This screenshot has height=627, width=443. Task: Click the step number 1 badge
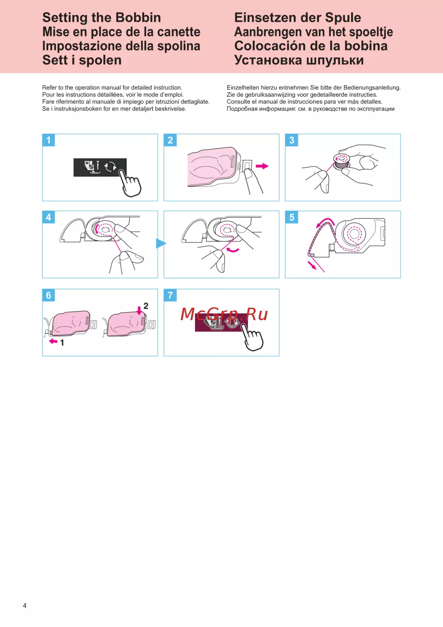[x=48, y=140]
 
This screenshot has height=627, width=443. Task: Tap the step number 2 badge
[x=170, y=140]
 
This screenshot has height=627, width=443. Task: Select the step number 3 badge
[x=291, y=140]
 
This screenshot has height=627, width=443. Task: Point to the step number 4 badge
[x=48, y=217]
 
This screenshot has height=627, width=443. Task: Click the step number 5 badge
[x=291, y=217]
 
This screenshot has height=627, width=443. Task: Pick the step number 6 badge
[x=48, y=295]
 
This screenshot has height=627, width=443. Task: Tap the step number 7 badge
[x=170, y=295]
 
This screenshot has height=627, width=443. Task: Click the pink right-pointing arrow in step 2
[x=262, y=166]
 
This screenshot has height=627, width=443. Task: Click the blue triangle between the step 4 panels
[x=161, y=243]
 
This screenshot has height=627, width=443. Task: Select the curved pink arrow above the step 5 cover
[x=324, y=221]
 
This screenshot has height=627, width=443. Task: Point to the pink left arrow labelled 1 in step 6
[x=53, y=341]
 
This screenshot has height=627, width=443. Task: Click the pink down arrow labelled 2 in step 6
[x=139, y=310]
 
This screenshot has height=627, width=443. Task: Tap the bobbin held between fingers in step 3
[x=342, y=161]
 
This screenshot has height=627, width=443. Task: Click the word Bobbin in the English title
[x=138, y=18]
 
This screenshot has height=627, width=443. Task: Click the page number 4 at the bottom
[x=25, y=605]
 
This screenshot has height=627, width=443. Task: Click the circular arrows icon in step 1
[x=110, y=167]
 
